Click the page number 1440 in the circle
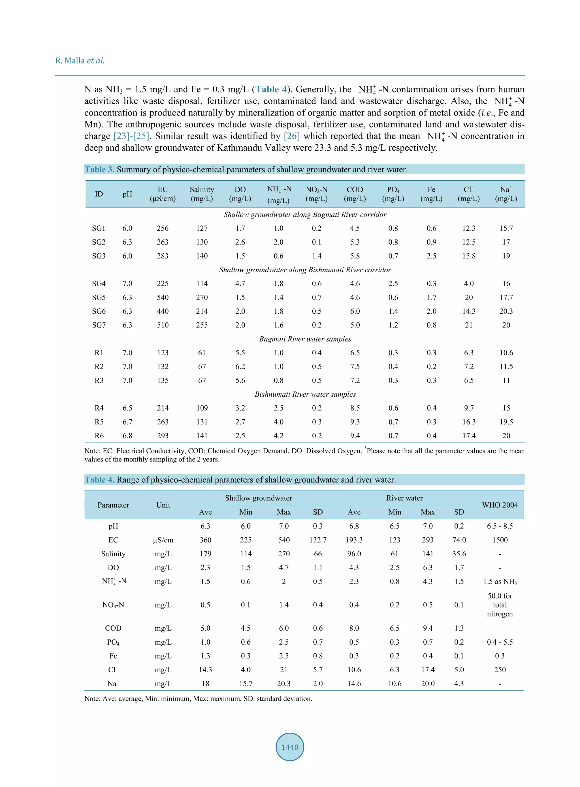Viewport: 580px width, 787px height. pos(290,747)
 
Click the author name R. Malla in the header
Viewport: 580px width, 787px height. pos(70,61)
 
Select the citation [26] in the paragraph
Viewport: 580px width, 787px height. pos(291,136)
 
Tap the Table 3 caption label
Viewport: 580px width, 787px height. pos(99,170)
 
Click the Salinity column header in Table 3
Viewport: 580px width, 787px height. pos(202,194)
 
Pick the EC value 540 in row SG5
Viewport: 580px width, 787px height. pos(163,298)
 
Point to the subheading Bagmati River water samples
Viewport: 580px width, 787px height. pos(305,339)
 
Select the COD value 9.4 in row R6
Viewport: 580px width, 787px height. pos(355,436)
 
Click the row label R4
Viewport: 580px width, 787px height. pos(99,408)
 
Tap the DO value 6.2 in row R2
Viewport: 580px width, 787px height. pos(240,367)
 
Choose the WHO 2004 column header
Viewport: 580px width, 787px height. pos(500,505)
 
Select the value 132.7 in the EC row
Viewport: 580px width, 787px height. pos(318,540)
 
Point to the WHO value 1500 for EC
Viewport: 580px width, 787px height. pos(500,540)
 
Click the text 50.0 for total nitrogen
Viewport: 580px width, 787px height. pos(500,605)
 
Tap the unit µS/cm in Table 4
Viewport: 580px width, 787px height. pos(163,540)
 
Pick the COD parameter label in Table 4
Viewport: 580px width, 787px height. pos(113,628)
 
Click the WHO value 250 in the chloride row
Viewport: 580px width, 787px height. pos(500,670)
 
